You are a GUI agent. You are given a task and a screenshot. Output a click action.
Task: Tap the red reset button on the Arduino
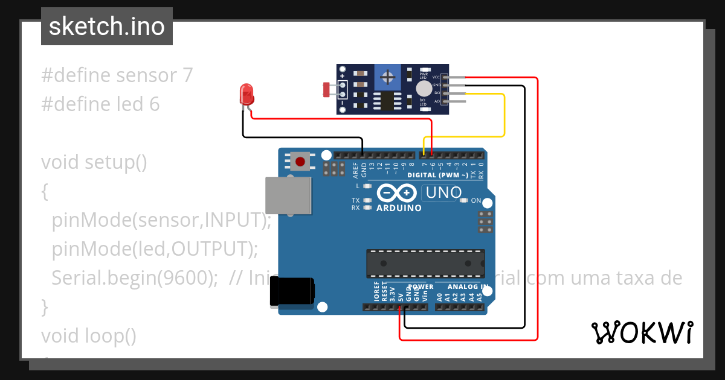tap(300, 161)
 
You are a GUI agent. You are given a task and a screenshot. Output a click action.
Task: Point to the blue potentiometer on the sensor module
tap(388, 77)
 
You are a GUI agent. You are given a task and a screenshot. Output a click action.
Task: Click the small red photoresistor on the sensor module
tap(326, 90)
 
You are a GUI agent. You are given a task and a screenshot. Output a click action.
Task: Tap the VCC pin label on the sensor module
tap(436, 78)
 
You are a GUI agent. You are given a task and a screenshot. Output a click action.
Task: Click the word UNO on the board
tap(444, 193)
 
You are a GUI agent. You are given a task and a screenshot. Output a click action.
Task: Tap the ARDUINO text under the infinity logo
tap(399, 208)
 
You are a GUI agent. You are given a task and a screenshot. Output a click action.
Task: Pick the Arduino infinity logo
tap(398, 193)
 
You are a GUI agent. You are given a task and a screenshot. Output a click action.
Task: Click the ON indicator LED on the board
tap(465, 200)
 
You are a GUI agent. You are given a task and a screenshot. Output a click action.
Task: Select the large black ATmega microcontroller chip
tap(425, 264)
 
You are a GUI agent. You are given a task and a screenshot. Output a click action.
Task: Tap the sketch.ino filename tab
tap(106, 27)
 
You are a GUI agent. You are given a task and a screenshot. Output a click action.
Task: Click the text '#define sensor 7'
tap(117, 75)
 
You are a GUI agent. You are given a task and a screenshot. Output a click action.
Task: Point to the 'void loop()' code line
tap(88, 335)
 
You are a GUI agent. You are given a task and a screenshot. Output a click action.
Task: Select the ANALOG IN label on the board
tap(468, 287)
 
